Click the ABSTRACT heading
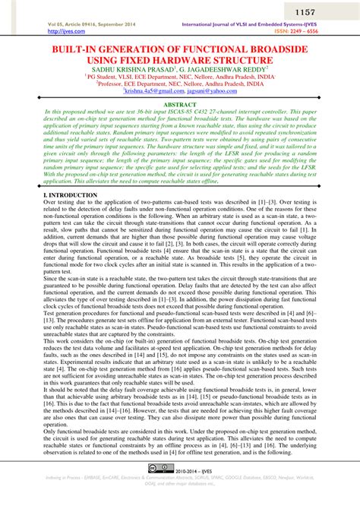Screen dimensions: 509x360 180,104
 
